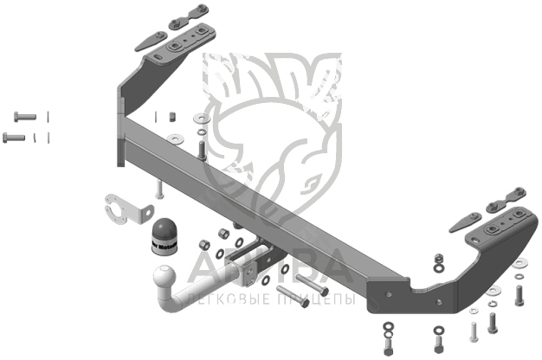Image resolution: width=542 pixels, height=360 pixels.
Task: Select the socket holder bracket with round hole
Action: (x=120, y=210)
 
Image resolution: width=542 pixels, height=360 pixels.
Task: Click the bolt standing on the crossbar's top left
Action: (x=202, y=151)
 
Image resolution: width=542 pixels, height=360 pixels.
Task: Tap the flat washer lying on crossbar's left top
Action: (x=180, y=138)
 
